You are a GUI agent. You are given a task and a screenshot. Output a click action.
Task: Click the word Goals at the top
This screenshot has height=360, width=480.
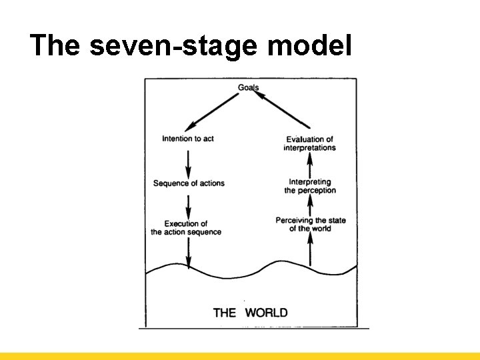pyautogui.click(x=248, y=87)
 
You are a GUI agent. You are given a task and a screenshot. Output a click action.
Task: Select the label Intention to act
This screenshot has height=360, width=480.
pyautogui.click(x=188, y=139)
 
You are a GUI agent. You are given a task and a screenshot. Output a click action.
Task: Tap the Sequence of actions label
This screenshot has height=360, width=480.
pyautogui.click(x=189, y=183)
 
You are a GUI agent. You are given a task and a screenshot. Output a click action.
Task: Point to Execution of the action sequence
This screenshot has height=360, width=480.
pyautogui.click(x=186, y=228)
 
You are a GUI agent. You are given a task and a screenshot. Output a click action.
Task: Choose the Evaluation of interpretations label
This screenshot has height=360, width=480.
pyautogui.click(x=309, y=143)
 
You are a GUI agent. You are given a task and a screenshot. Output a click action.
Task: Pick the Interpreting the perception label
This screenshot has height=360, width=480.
pyautogui.click(x=310, y=186)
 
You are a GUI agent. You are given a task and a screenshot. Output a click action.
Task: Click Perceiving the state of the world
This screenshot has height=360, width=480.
pyautogui.click(x=311, y=225)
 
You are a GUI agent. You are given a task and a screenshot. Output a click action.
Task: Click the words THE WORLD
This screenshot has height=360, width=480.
pyautogui.click(x=251, y=312)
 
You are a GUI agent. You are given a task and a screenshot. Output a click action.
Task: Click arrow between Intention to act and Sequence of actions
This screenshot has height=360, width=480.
pyautogui.click(x=189, y=161)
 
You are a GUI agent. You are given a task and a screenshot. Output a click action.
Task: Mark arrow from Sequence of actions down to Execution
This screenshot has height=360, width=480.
pyautogui.click(x=189, y=204)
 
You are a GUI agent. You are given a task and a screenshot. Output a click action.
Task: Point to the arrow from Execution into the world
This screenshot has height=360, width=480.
pyautogui.click(x=189, y=253)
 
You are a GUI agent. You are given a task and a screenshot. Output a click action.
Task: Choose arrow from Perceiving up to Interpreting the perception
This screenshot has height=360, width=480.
pyautogui.click(x=310, y=205)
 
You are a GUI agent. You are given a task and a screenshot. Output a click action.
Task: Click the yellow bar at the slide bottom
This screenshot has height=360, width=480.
pyautogui.click(x=240, y=356)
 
